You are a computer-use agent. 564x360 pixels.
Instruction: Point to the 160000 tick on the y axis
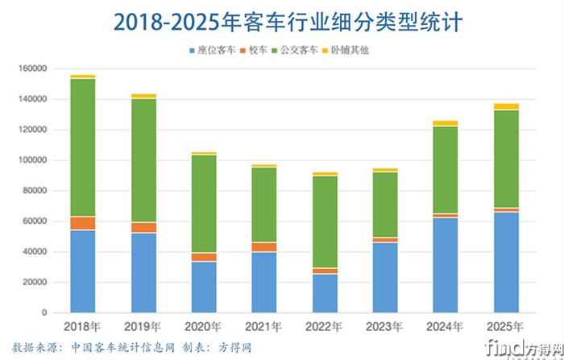[x=31, y=68]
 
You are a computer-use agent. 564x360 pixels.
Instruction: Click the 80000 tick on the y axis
[x=34, y=191]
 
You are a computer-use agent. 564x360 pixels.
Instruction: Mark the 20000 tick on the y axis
[x=34, y=282]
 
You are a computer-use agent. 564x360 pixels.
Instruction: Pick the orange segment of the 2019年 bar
[x=144, y=227]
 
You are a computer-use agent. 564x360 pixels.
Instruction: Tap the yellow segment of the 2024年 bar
[x=445, y=123]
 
